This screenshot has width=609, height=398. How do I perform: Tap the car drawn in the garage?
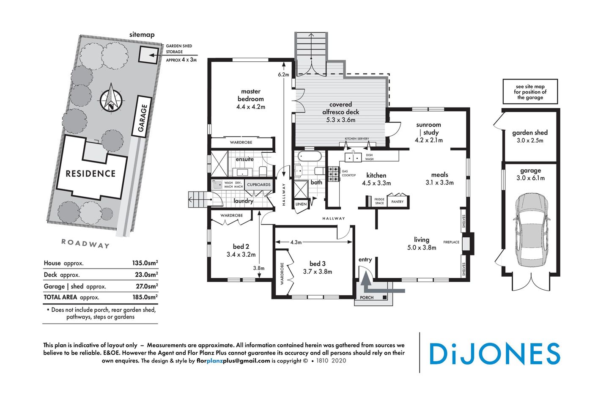click(x=531, y=230)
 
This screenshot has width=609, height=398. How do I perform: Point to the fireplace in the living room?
click(x=467, y=244)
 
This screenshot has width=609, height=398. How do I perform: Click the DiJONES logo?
click(x=494, y=354)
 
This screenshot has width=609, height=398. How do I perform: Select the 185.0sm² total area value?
click(x=145, y=297)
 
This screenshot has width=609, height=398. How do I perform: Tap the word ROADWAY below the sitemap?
click(x=85, y=244)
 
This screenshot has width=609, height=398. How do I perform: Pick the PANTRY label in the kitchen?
click(x=397, y=202)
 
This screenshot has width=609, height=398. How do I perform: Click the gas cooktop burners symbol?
click(x=333, y=174)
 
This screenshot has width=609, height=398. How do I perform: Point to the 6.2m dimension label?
click(x=283, y=75)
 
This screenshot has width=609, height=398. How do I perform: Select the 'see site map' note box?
click(x=530, y=92)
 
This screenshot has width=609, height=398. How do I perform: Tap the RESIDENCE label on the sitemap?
click(x=91, y=173)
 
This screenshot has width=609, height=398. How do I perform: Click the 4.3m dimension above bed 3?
click(x=296, y=242)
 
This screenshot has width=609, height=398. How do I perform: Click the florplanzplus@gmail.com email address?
click(x=233, y=361)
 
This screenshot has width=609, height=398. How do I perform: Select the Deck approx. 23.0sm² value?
click(x=145, y=274)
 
